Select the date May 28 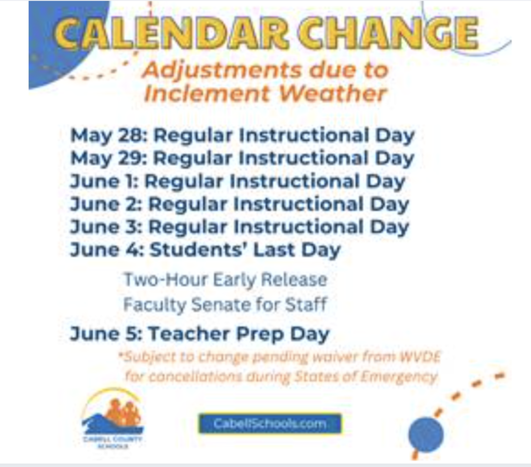click(107, 135)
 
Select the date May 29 click(107, 158)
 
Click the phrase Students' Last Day click(245, 250)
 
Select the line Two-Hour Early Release click(225, 280)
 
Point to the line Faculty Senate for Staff click(225, 305)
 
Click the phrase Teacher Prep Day click(238, 334)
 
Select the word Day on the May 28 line click(395, 135)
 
